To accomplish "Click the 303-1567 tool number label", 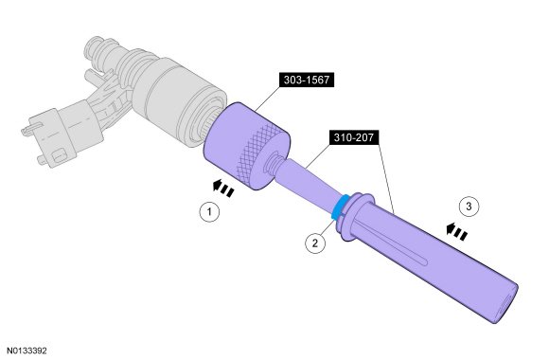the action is coord(307,80).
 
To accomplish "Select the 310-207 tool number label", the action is coord(354,137).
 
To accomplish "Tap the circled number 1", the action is coord(209,211).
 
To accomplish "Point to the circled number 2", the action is coord(315,243).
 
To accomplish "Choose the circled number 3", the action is coord(469,207).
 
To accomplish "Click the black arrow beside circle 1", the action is coord(223,188).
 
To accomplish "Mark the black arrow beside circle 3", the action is coord(457,231).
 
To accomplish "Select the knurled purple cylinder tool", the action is coord(246,146).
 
